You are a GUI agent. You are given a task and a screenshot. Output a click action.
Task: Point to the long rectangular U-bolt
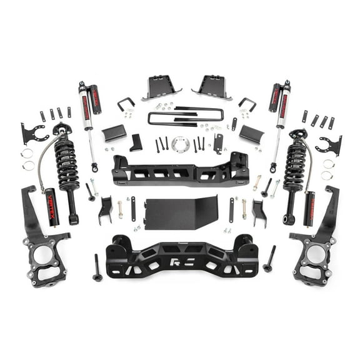click(185, 117)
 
